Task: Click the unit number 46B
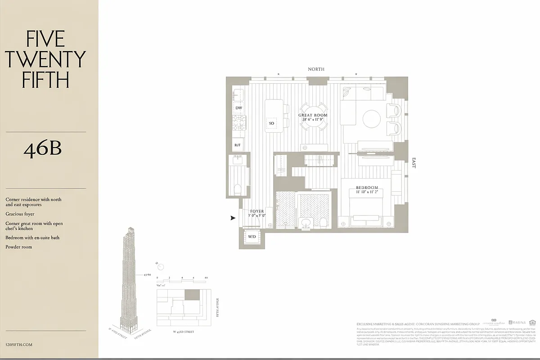42,149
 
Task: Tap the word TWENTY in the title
46,60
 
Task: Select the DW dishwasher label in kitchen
238,108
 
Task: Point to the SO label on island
271,123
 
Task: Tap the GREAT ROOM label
313,115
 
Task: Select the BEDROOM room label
367,188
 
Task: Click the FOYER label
257,211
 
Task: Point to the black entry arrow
233,218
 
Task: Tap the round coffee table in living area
372,119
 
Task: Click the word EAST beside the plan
414,163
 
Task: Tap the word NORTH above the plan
316,69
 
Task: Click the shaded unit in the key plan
192,295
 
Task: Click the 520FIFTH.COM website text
19,345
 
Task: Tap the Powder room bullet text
19,247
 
